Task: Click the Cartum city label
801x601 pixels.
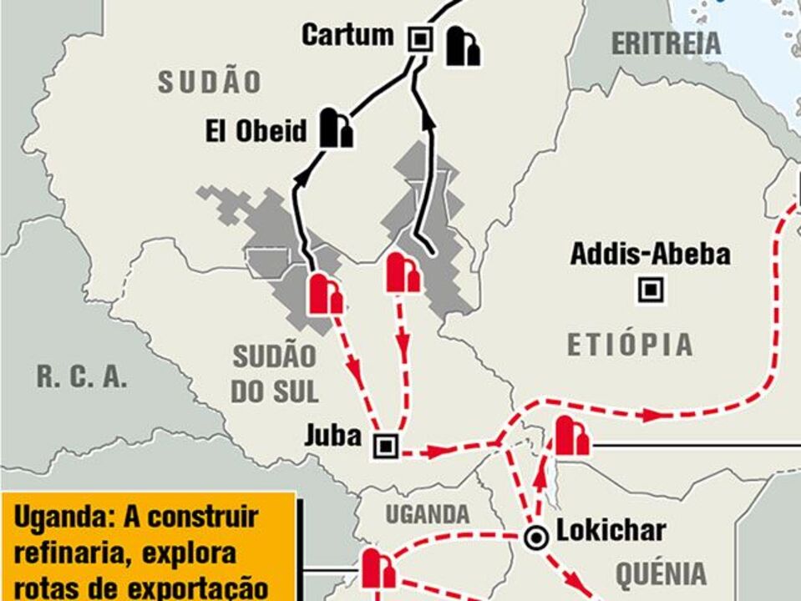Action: click(347, 35)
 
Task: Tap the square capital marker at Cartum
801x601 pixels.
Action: click(419, 38)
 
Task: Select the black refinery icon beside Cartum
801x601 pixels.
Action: click(462, 46)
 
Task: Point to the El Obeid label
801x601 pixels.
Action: click(256, 131)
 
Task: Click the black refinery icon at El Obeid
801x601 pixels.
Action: click(336, 128)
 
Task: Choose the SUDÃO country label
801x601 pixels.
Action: click(210, 82)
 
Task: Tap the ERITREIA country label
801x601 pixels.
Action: click(666, 43)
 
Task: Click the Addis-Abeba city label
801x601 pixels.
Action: click(650, 254)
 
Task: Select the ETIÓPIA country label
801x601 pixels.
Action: click(631, 344)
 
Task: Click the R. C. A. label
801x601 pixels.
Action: click(82, 376)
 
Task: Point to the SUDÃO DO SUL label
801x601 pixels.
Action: click(275, 374)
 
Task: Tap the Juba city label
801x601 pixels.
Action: click(332, 435)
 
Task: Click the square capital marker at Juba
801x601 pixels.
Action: click(386, 446)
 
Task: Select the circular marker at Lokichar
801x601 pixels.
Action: click(536, 538)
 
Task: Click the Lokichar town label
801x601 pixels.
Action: click(611, 531)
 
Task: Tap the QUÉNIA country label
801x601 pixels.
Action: click(661, 573)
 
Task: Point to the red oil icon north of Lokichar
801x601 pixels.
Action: click(571, 437)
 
